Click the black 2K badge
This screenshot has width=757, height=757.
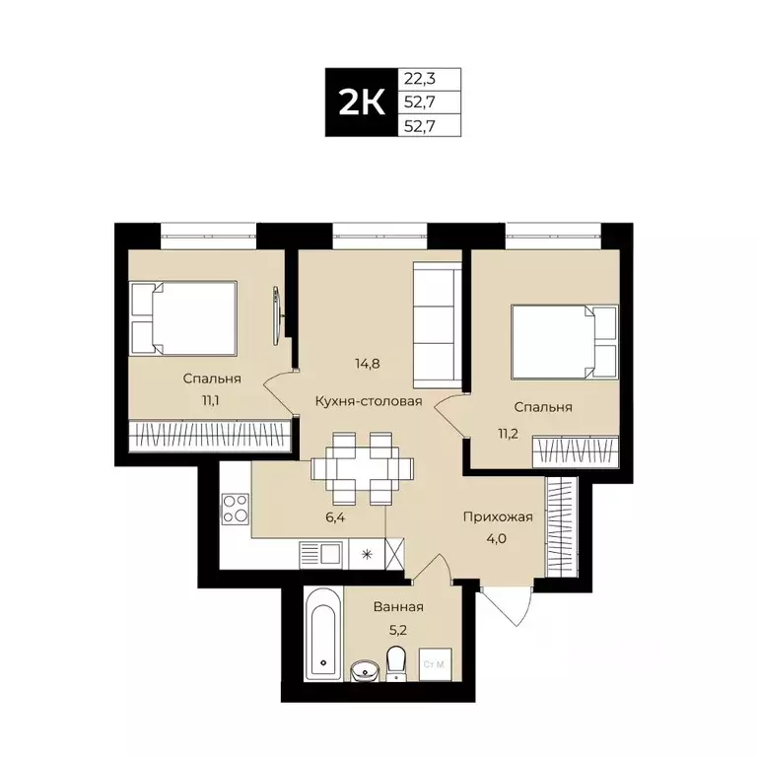pos(362,103)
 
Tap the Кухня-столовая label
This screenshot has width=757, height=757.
pos(369,401)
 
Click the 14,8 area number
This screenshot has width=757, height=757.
pos(368,363)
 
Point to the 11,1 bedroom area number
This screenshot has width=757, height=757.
pos(212,399)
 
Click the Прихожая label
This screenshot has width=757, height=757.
pos(498,516)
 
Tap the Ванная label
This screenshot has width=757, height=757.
pos(398,607)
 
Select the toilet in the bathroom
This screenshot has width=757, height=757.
pos(397,663)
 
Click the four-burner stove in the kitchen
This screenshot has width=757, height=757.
pos(236,508)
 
